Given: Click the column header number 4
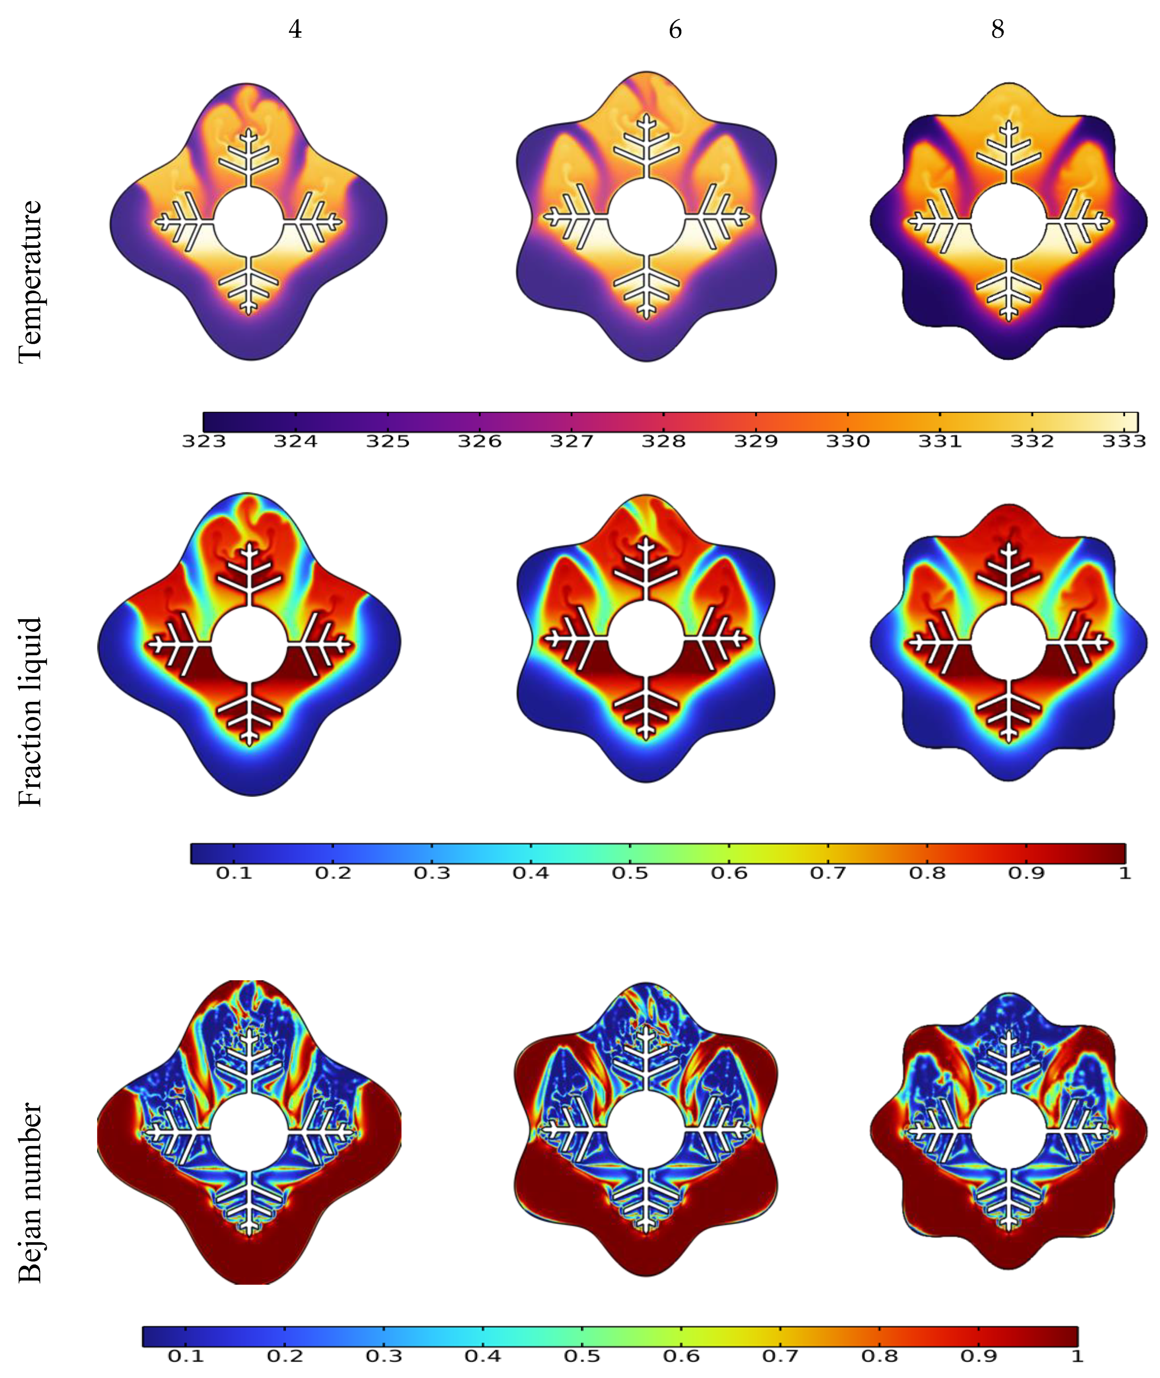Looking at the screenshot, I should coord(295,30).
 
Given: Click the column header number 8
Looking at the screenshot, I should coord(998,30).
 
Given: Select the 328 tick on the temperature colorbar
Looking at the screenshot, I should coord(663,441).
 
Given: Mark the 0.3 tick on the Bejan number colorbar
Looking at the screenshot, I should coord(384,1355).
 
